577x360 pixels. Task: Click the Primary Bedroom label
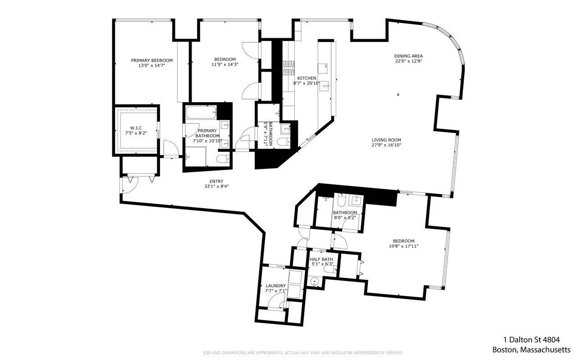coord(152,60)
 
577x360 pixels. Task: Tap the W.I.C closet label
coord(136,128)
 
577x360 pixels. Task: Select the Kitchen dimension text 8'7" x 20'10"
coord(307,83)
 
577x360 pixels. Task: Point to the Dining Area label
coord(408,56)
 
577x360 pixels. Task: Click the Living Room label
coord(386,140)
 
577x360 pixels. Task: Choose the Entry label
coord(216,181)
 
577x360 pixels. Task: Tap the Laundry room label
coord(275,286)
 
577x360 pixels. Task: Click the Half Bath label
coord(321,260)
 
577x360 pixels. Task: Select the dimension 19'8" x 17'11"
coord(403,246)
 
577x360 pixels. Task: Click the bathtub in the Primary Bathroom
coord(201,112)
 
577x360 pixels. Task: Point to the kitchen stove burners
coord(288,68)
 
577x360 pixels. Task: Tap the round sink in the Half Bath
coord(314,282)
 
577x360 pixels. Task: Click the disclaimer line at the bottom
coord(303,353)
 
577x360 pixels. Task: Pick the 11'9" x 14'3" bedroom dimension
coord(224,64)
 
